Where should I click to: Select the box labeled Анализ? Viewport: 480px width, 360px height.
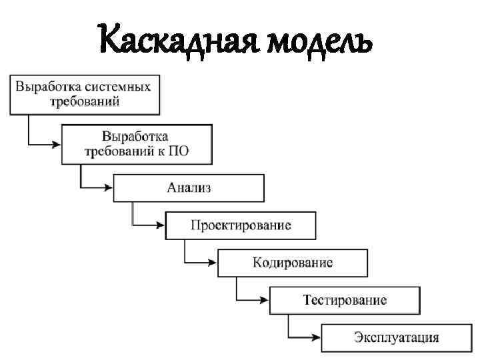tap(189, 187)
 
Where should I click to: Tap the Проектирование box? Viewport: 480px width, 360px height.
tap(241, 225)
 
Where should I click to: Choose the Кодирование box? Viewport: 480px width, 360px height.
tap(293, 262)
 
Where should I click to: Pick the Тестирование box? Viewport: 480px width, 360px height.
tap(345, 300)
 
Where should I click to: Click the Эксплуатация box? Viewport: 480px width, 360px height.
tap(397, 337)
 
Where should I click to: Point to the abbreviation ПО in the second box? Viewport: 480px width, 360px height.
tap(179, 150)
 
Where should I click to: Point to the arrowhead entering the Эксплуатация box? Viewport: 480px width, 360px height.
tap(317, 337)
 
